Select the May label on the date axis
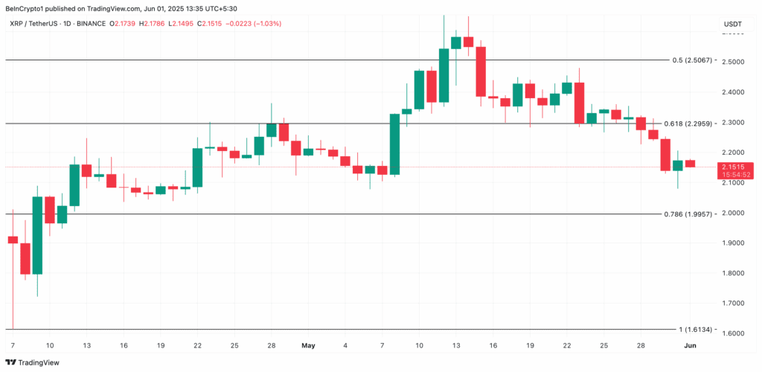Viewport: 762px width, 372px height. coord(309,346)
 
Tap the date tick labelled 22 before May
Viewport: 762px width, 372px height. coord(197,346)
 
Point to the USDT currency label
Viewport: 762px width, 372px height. coord(732,25)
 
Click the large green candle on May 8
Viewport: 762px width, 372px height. coord(394,144)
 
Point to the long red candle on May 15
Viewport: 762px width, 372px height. coord(481,71)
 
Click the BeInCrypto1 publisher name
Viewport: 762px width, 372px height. coord(25,9)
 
